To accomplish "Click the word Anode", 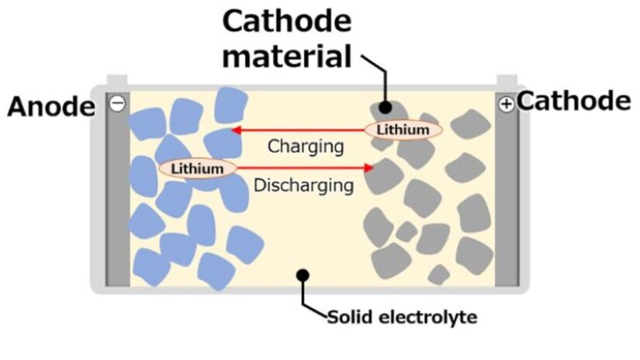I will tap(50, 107).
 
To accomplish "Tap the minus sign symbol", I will tap(117, 104).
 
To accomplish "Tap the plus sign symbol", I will tap(507, 104).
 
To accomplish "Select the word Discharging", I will tap(304, 185).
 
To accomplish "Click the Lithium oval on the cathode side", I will tap(403, 130).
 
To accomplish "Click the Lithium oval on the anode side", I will tap(197, 168).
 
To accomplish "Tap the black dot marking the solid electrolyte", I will tap(303, 275).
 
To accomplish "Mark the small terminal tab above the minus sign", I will tap(117, 81).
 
